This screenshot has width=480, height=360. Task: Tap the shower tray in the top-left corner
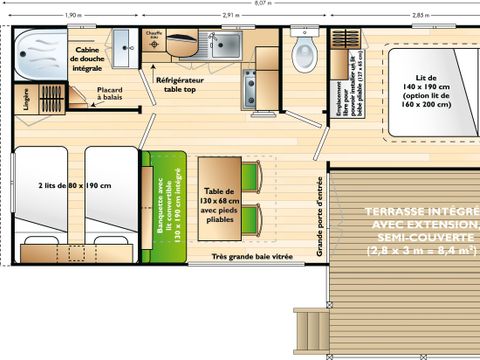[x=41, y=46]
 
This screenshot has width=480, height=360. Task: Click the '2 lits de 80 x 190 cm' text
[x=72, y=186]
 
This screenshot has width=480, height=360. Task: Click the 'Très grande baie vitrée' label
[x=252, y=257]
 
